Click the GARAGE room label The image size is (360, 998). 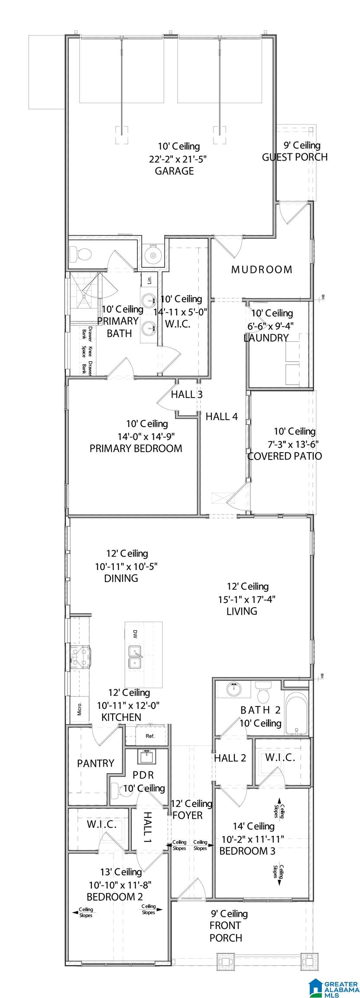[174, 171]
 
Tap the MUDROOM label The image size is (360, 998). [262, 269]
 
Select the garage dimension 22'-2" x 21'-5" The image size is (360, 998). [178, 159]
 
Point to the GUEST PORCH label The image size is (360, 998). [295, 157]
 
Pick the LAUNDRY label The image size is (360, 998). [266, 338]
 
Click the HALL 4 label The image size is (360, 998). [221, 417]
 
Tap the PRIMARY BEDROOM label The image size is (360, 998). [136, 448]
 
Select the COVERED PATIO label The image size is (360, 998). [285, 456]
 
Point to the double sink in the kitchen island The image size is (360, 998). [135, 658]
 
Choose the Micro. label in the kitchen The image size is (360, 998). [80, 709]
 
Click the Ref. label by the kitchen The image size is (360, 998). [150, 736]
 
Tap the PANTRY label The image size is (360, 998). [96, 763]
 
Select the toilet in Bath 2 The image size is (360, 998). [262, 693]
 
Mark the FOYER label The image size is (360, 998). [188, 815]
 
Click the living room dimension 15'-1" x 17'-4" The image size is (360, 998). [247, 599]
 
